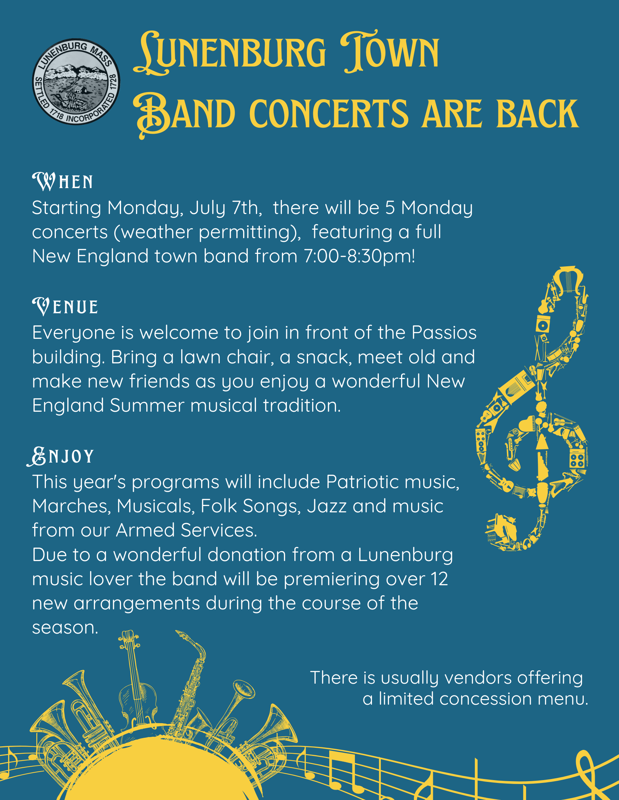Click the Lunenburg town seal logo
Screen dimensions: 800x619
[x=76, y=82]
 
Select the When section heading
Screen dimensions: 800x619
[x=63, y=181]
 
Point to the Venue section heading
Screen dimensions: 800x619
[x=65, y=306]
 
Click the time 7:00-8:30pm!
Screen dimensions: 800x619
[x=360, y=256]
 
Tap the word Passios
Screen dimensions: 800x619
[x=444, y=332]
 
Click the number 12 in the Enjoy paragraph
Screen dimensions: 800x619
[x=439, y=579]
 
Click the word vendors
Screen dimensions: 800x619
[x=477, y=678]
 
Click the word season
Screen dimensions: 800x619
[x=65, y=628]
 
